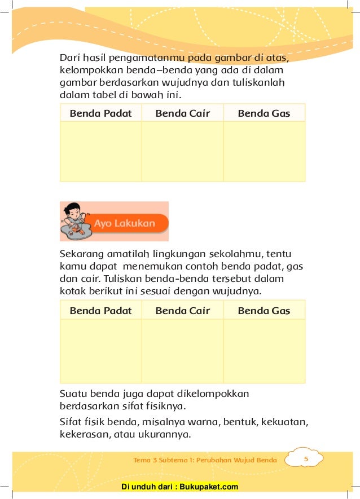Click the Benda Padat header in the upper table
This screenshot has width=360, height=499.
[x=100, y=113]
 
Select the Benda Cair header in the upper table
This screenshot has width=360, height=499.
[x=182, y=113]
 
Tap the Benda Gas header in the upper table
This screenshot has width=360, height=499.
[x=264, y=113]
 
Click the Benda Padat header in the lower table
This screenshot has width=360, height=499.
[x=100, y=311]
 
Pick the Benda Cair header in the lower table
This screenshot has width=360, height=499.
[x=182, y=311]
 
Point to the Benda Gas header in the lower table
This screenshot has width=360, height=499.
[x=264, y=311]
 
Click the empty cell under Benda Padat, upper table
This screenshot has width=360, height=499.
[x=100, y=151]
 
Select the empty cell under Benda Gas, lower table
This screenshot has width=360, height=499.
[x=264, y=351]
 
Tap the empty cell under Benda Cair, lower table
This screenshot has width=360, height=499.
[x=182, y=351]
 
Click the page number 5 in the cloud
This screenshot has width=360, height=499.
[x=305, y=460]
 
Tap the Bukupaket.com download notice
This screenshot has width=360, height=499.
[x=180, y=487]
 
